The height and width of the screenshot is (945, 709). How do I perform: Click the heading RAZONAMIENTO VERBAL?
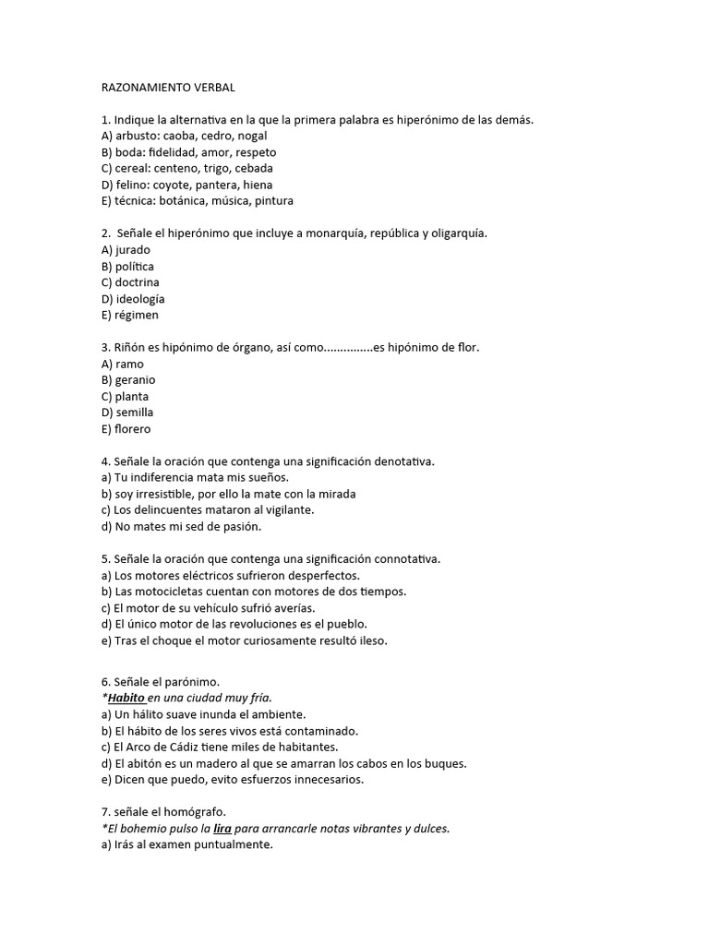click(168, 88)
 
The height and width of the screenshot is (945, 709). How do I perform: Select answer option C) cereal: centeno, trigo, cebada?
click(187, 168)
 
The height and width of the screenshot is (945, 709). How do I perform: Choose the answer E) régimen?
click(130, 315)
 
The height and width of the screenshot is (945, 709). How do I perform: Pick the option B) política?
click(128, 266)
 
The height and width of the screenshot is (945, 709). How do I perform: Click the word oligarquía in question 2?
click(455, 233)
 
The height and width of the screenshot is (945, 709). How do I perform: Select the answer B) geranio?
click(129, 379)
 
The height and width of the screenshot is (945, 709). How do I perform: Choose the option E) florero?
click(126, 429)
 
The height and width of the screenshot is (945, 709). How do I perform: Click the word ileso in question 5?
click(372, 640)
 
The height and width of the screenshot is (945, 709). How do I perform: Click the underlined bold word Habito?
click(126, 698)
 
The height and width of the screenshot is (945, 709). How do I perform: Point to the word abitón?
click(143, 763)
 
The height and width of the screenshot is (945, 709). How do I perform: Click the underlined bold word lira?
click(222, 829)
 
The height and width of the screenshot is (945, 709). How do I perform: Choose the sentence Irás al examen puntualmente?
click(187, 844)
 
